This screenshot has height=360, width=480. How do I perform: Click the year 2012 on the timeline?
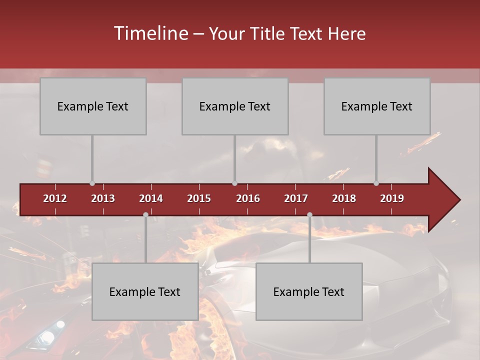pyautogui.click(x=55, y=198)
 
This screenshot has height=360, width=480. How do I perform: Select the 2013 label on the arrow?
pyautogui.click(x=103, y=198)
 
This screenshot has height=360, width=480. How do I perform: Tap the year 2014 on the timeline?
pyautogui.click(x=151, y=198)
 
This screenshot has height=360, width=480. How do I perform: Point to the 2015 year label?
pyautogui.click(x=199, y=198)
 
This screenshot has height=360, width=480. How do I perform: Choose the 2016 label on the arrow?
pyautogui.click(x=248, y=198)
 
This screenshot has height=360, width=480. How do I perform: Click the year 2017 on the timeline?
pyautogui.click(x=296, y=198)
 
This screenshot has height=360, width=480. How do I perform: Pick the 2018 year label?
pyautogui.click(x=344, y=198)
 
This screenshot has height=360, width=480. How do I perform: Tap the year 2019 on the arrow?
pyautogui.click(x=392, y=198)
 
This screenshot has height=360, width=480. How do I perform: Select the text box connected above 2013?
pyautogui.click(x=93, y=106)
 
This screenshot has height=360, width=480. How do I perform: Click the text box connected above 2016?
pyautogui.click(x=235, y=106)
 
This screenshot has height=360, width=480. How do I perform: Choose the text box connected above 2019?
pyautogui.click(x=377, y=106)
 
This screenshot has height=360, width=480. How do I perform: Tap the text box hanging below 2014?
pyautogui.click(x=145, y=291)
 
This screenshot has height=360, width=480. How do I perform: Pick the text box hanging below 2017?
pyautogui.click(x=309, y=291)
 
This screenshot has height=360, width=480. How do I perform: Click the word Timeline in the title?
pyautogui.click(x=150, y=33)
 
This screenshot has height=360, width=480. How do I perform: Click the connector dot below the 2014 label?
pyautogui.click(x=145, y=214)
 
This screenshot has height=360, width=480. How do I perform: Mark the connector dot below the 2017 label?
pyautogui.click(x=309, y=214)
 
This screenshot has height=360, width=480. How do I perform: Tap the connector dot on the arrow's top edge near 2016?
pyautogui.click(x=234, y=183)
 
